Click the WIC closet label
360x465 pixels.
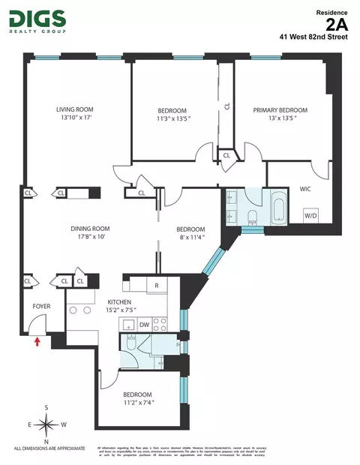pyautogui.click(x=305, y=188)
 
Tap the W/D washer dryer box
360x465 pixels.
pyautogui.click(x=309, y=214)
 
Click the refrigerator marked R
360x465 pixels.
pyautogui.click(x=156, y=285)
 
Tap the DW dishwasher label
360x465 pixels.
pyautogui.click(x=143, y=325)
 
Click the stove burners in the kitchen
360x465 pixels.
pyautogui.click(x=160, y=325)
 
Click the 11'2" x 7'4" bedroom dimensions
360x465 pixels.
pyautogui.click(x=137, y=403)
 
